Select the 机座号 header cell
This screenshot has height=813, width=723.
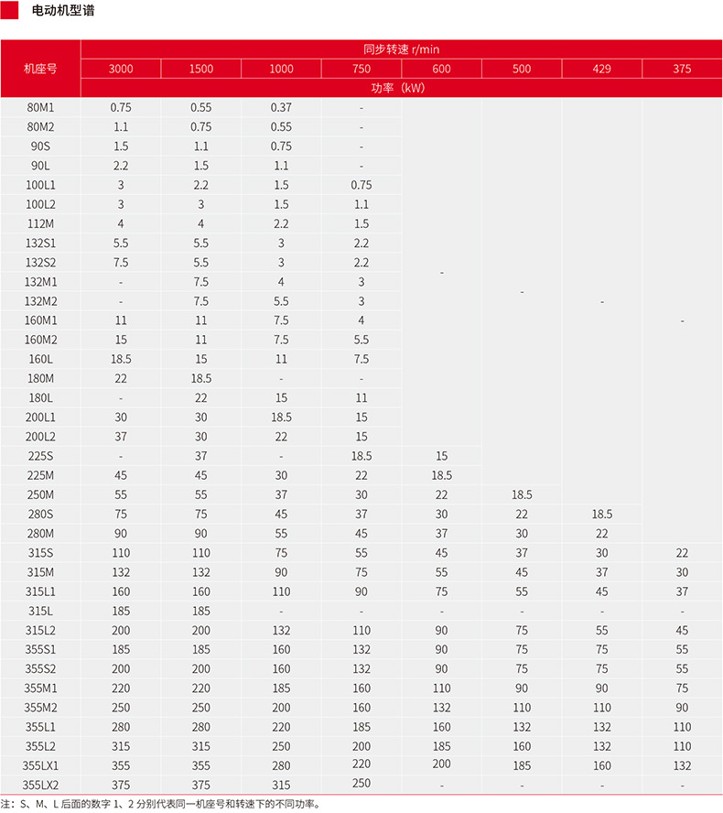click(40, 69)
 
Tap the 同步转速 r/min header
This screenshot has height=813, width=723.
click(401, 49)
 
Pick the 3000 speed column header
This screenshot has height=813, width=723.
click(121, 70)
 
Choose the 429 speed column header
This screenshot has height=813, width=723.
click(601, 70)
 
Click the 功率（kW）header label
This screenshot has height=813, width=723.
click(401, 88)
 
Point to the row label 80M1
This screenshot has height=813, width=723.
click(41, 107)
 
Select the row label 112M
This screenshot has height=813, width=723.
click(41, 223)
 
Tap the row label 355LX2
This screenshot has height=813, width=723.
click(41, 785)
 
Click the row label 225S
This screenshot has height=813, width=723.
click(41, 456)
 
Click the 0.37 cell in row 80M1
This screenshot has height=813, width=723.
click(281, 107)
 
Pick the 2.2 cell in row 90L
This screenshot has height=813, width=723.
click(121, 166)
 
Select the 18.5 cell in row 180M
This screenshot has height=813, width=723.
click(201, 378)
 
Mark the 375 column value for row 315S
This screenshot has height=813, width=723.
click(682, 553)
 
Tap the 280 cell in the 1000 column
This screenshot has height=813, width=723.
click(281, 765)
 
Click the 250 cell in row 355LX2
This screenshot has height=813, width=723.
click(361, 783)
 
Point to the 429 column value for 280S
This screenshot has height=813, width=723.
click(601, 515)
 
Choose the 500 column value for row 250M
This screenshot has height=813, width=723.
click(522, 494)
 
